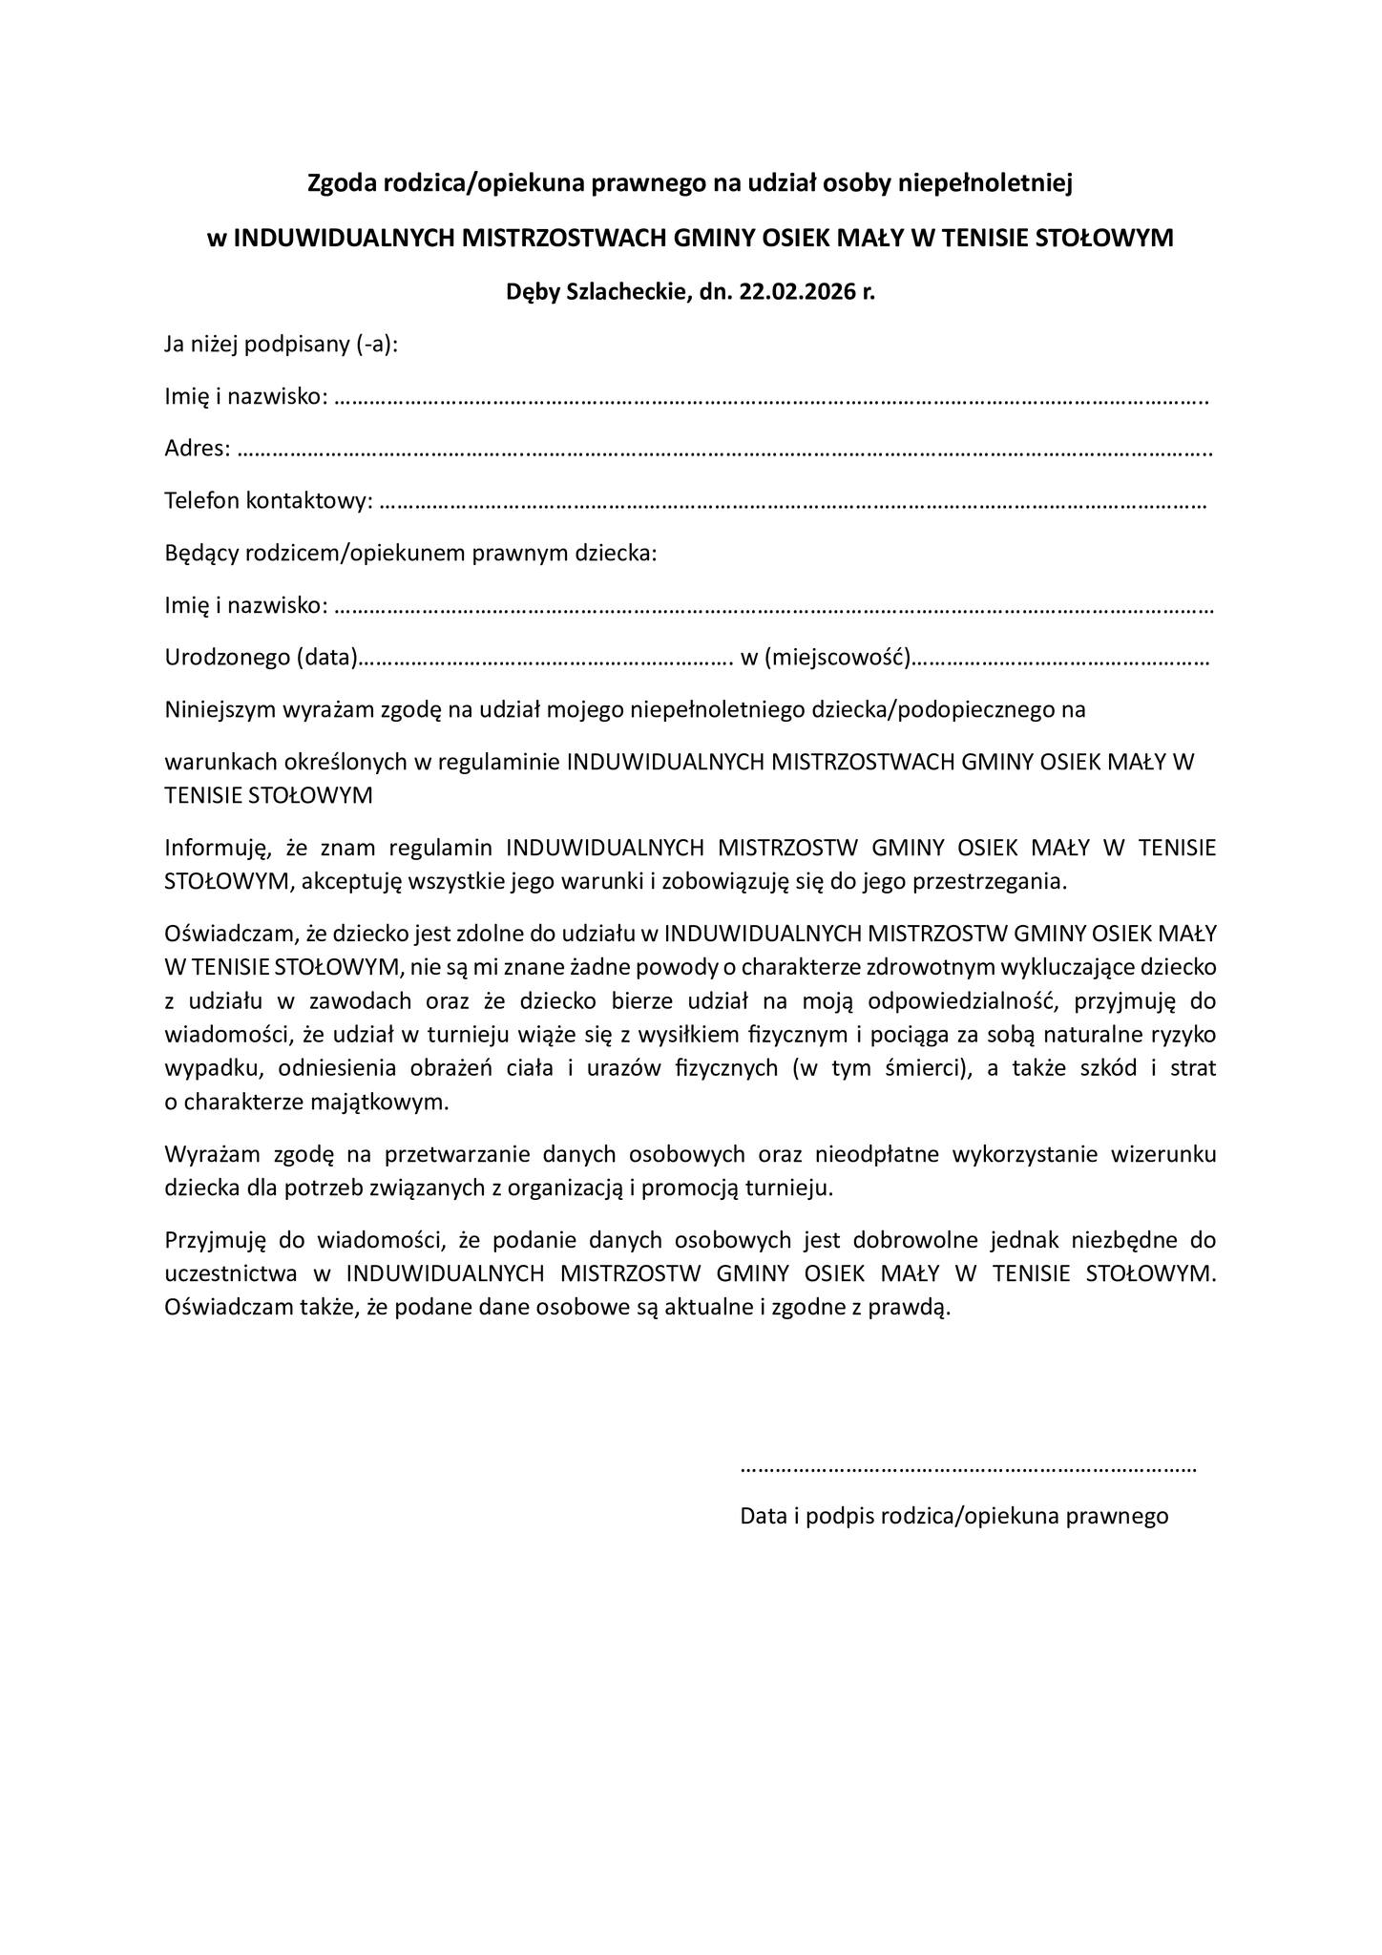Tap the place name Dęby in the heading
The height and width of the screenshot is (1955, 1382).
533,292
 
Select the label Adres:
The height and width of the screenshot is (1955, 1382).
198,448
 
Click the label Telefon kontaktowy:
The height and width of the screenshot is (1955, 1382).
268,500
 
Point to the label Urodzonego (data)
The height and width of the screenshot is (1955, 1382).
261,657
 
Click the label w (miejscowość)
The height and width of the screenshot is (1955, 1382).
826,657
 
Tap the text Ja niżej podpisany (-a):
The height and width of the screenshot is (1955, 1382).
281,344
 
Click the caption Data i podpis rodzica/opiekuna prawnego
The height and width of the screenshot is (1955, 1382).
954,1516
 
